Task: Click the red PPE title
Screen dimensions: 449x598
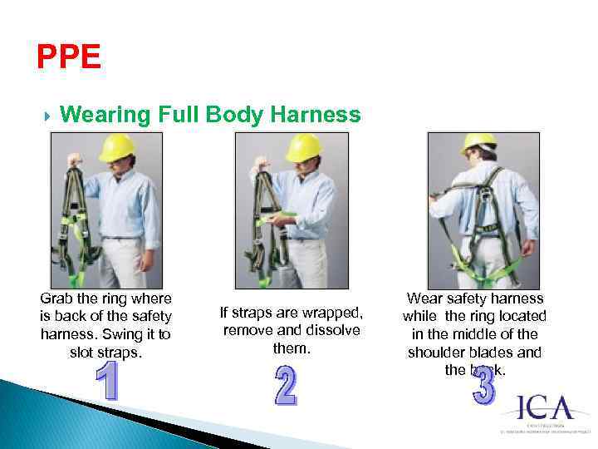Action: [x=69, y=57]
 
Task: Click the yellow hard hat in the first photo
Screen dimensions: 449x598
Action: [x=117, y=147]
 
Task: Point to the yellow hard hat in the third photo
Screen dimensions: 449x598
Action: [x=478, y=141]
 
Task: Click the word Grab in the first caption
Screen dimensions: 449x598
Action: [x=57, y=299]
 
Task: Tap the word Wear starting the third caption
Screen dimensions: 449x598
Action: [x=424, y=298]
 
